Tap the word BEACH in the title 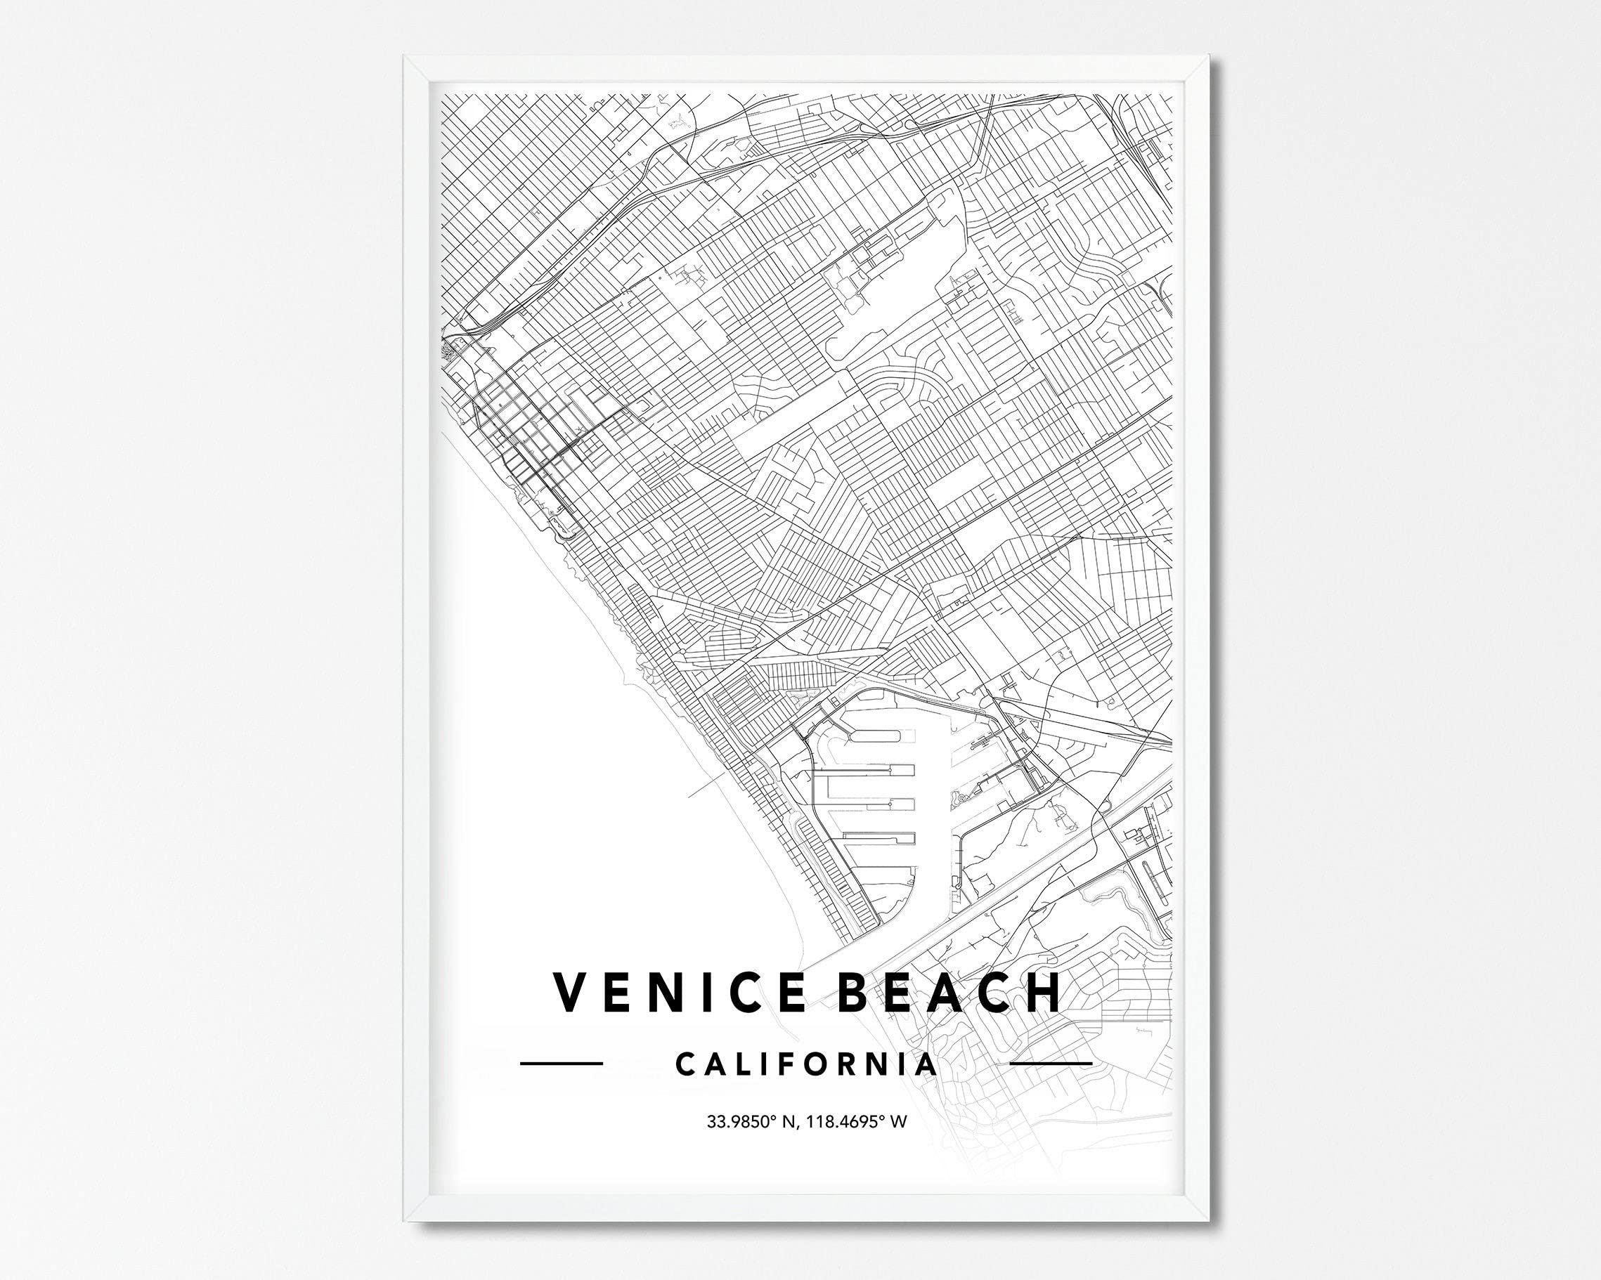(x=949, y=992)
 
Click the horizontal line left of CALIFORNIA (x=561, y=1064)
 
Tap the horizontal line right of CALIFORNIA (x=1051, y=1064)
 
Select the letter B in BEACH (x=856, y=992)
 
